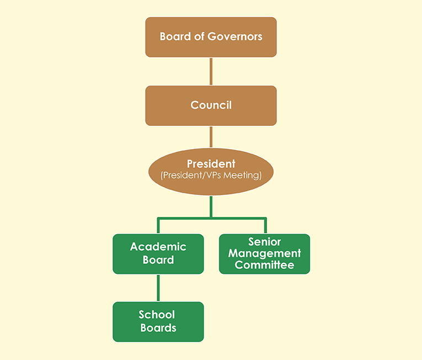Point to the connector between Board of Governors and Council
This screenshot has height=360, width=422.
click(211, 71)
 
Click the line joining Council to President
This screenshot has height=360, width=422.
click(211, 137)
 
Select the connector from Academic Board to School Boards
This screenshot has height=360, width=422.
click(158, 288)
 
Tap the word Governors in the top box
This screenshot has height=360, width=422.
click(235, 37)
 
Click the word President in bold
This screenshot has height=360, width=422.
click(211, 164)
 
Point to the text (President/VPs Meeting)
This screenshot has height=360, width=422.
click(211, 176)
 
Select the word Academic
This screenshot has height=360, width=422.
click(158, 247)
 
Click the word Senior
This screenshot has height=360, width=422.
click(265, 242)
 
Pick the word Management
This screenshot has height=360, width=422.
click(265, 253)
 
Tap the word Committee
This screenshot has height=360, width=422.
click(265, 265)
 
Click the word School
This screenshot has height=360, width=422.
click(157, 315)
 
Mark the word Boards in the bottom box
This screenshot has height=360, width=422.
click(158, 328)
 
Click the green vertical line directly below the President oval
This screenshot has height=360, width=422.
click(211, 206)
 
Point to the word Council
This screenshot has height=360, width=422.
click(211, 105)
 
